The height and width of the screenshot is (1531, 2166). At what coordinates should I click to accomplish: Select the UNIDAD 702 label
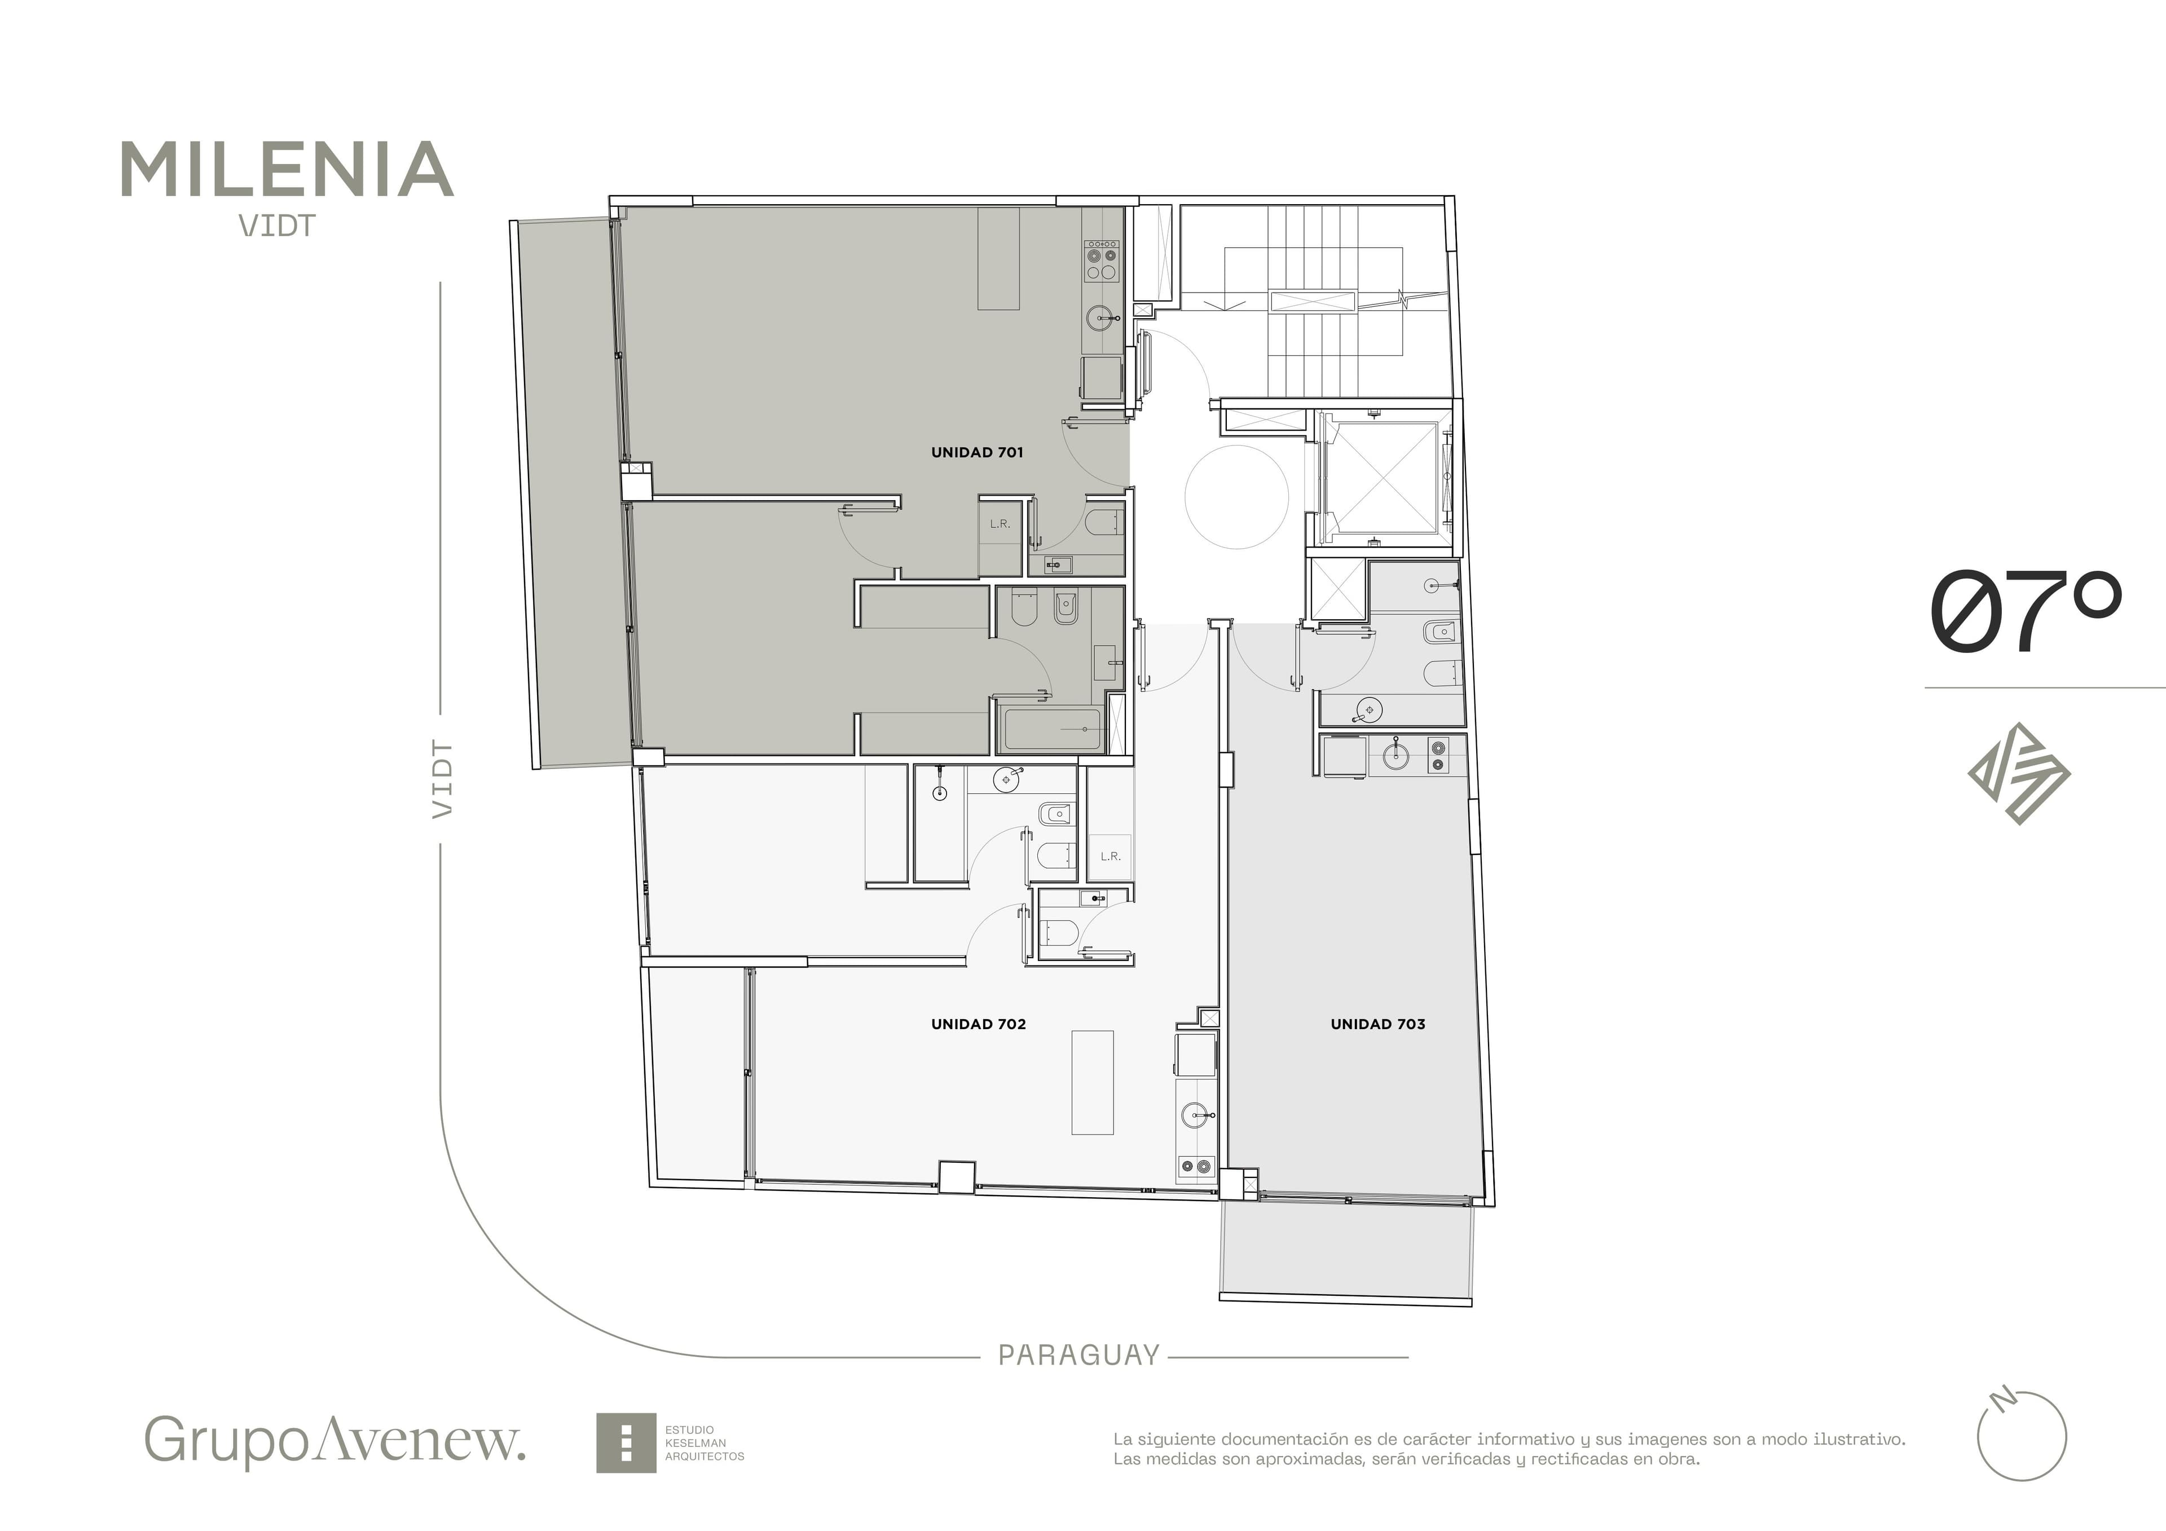click(x=978, y=1025)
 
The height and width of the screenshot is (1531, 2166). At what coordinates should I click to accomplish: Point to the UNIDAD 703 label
click(x=1377, y=1025)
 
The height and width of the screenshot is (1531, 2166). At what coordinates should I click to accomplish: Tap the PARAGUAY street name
click(x=1078, y=1356)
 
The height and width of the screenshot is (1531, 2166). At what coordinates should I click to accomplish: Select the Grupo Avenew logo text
click(x=335, y=1440)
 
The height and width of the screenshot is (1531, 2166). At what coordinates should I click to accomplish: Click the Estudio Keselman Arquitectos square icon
click(x=626, y=1442)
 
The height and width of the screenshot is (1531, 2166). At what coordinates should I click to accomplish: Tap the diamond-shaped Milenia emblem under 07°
click(x=2019, y=774)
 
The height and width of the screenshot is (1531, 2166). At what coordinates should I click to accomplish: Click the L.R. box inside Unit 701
click(x=1000, y=536)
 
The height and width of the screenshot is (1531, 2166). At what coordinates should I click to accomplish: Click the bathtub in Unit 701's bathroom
click(x=1052, y=729)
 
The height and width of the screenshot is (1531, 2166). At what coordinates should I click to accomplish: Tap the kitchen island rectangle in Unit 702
click(x=1093, y=1082)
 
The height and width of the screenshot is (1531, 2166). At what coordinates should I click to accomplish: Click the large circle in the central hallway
click(x=1236, y=497)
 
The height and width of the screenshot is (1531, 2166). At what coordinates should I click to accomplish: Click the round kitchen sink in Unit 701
click(x=1100, y=318)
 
